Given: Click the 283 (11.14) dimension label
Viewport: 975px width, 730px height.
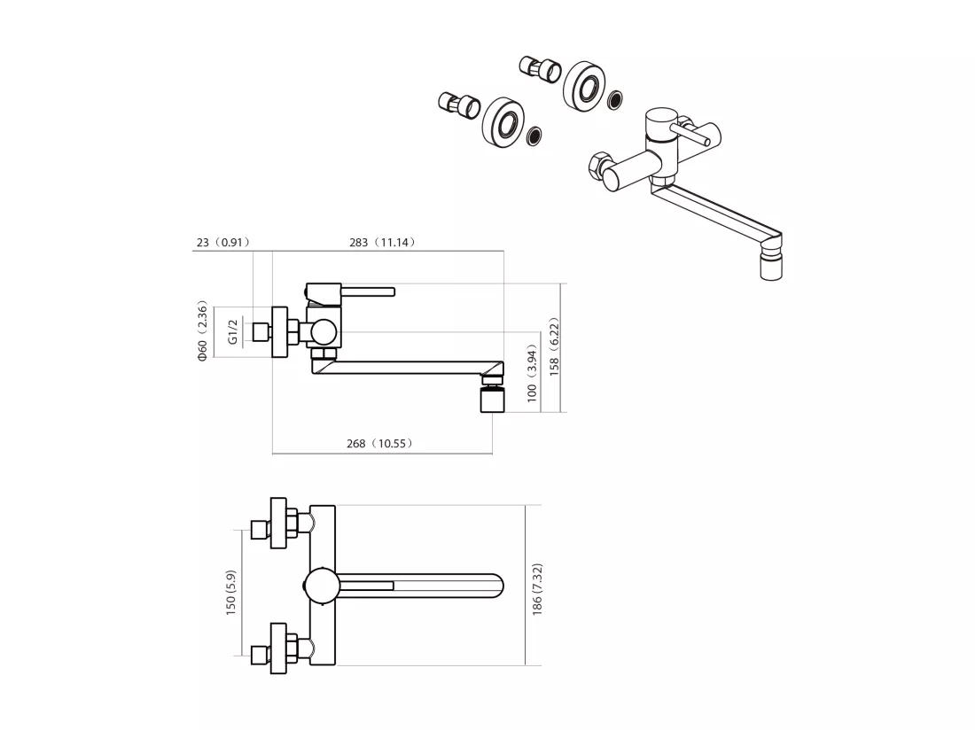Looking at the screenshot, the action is (382, 242).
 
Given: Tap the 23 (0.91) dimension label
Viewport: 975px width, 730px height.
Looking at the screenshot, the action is (223, 242).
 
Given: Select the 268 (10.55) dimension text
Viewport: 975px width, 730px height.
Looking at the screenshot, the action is (379, 444).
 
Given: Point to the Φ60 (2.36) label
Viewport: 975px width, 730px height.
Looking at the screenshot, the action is (202, 331).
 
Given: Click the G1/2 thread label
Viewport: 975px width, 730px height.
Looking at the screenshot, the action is (233, 331).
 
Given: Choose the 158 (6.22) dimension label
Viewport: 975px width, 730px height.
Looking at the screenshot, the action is (554, 346).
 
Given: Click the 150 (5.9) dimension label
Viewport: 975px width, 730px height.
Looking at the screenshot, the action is (230, 593).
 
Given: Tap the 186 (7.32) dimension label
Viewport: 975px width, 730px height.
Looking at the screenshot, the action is (537, 590).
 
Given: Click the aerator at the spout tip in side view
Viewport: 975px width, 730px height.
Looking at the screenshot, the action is (492, 399).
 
